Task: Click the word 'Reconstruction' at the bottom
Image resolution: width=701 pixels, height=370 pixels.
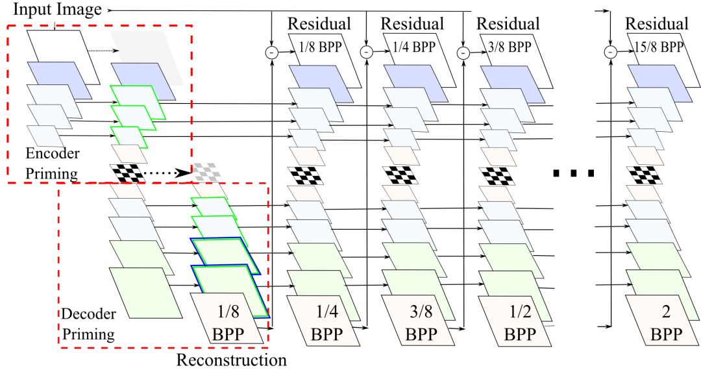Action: coord(232,359)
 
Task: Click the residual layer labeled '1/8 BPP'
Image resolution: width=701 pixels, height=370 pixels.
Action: coord(318,48)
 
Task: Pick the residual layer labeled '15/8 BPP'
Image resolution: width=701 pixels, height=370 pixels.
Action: coord(657,48)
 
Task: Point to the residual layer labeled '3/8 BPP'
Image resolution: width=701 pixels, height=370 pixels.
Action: coord(508,48)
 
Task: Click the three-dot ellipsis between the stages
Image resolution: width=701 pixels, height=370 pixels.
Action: coord(574,173)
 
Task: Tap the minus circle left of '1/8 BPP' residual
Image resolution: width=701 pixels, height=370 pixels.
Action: coord(271,51)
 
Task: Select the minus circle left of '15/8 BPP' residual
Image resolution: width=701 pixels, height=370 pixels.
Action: coord(610,51)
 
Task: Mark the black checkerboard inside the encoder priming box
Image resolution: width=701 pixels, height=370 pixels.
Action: coord(127,173)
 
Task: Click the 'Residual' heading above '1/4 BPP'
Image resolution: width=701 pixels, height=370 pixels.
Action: coord(413,24)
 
